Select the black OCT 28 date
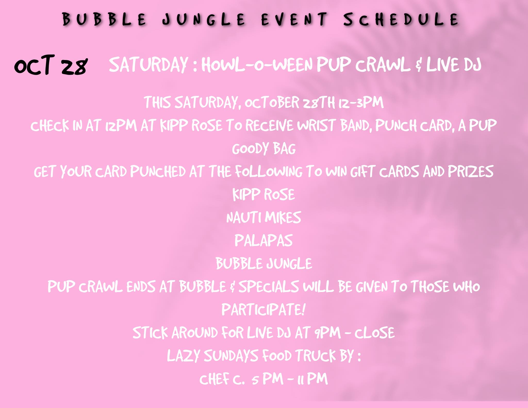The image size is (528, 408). click(x=51, y=65)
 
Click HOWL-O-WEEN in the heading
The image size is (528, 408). click(x=257, y=65)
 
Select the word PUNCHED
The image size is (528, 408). click(x=158, y=171)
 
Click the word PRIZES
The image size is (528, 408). click(x=471, y=171)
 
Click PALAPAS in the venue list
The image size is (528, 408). click(x=263, y=240)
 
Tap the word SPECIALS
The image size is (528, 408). click(x=269, y=287)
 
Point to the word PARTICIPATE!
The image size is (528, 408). click(x=263, y=310)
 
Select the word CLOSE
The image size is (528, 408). click(x=374, y=333)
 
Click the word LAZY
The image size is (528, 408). click(x=183, y=356)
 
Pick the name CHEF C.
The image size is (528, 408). click(x=222, y=379)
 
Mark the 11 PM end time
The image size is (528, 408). click(x=312, y=379)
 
